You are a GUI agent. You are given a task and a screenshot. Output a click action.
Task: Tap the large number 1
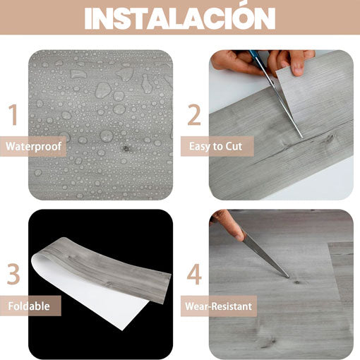[x=13, y=114]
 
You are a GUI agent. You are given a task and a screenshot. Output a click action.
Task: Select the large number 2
[x=194, y=114]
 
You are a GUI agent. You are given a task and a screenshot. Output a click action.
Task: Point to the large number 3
[x=13, y=274]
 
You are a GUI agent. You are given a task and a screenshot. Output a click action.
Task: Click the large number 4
[x=194, y=274]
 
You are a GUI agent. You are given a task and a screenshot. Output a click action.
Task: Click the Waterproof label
[x=33, y=146]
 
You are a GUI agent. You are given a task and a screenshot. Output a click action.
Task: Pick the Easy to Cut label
[x=215, y=146]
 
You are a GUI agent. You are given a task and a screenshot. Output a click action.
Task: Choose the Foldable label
[x=29, y=306]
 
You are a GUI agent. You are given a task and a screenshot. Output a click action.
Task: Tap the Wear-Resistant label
[x=218, y=306]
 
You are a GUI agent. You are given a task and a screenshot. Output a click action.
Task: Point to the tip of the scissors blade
[x=302, y=138]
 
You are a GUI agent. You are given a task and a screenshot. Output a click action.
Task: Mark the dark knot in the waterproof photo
[x=126, y=148]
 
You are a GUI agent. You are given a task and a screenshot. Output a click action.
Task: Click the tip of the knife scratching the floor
[x=289, y=277]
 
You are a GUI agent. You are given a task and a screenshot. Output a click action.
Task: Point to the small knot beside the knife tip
[x=297, y=282]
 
